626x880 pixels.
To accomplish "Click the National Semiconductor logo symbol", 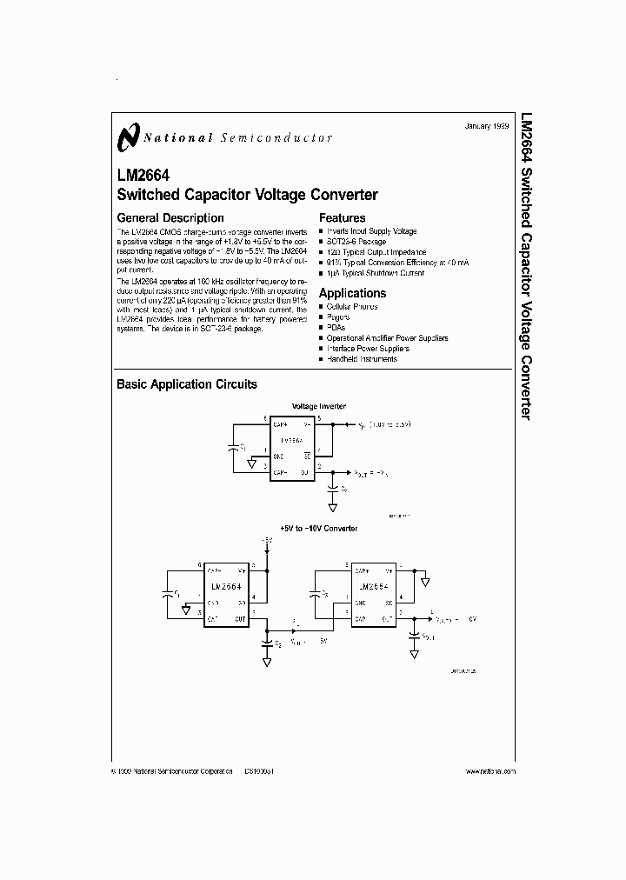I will coord(129,137).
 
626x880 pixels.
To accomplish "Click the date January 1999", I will coord(488,126).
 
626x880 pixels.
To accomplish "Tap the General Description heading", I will coord(170,218).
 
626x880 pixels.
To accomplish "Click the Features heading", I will coord(342,218).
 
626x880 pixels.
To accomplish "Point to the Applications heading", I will coord(352,293).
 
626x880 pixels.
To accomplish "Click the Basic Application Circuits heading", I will coord(187,384).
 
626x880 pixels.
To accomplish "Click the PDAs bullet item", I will coord(336,328).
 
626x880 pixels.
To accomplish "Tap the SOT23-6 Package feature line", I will coord(358,242).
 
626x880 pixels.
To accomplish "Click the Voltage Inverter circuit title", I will coord(318,406).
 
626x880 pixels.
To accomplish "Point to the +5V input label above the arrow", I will coord(268,540).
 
